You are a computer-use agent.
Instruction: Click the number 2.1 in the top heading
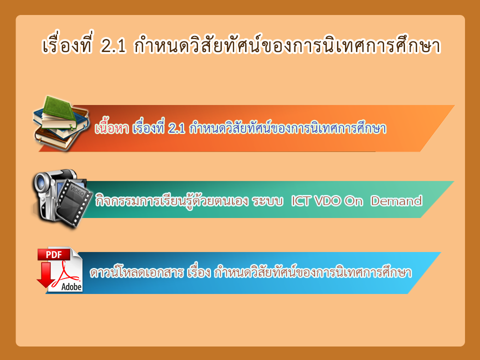click(113, 46)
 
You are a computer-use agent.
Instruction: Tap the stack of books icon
click(60, 123)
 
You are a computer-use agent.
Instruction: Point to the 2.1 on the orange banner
click(176, 129)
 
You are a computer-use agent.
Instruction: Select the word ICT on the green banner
click(301, 201)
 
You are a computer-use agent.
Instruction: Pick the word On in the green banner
click(353, 201)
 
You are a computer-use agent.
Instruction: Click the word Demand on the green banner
click(396, 201)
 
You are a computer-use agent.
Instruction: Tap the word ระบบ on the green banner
click(267, 201)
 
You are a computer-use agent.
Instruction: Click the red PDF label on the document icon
click(54, 254)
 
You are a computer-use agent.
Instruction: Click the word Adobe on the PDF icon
click(71, 287)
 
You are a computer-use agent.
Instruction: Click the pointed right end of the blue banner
click(440, 252)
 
